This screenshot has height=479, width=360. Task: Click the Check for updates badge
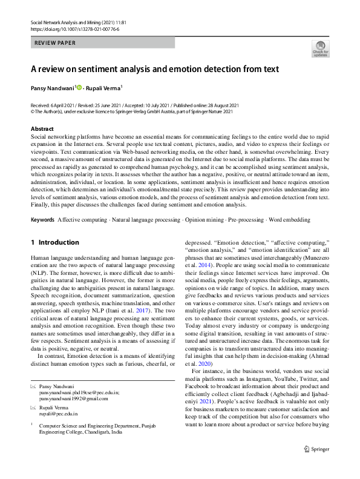point(320,48)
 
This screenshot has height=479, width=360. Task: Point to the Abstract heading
point(42,129)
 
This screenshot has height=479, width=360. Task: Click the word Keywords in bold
point(42,218)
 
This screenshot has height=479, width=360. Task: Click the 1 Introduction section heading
point(55,242)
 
